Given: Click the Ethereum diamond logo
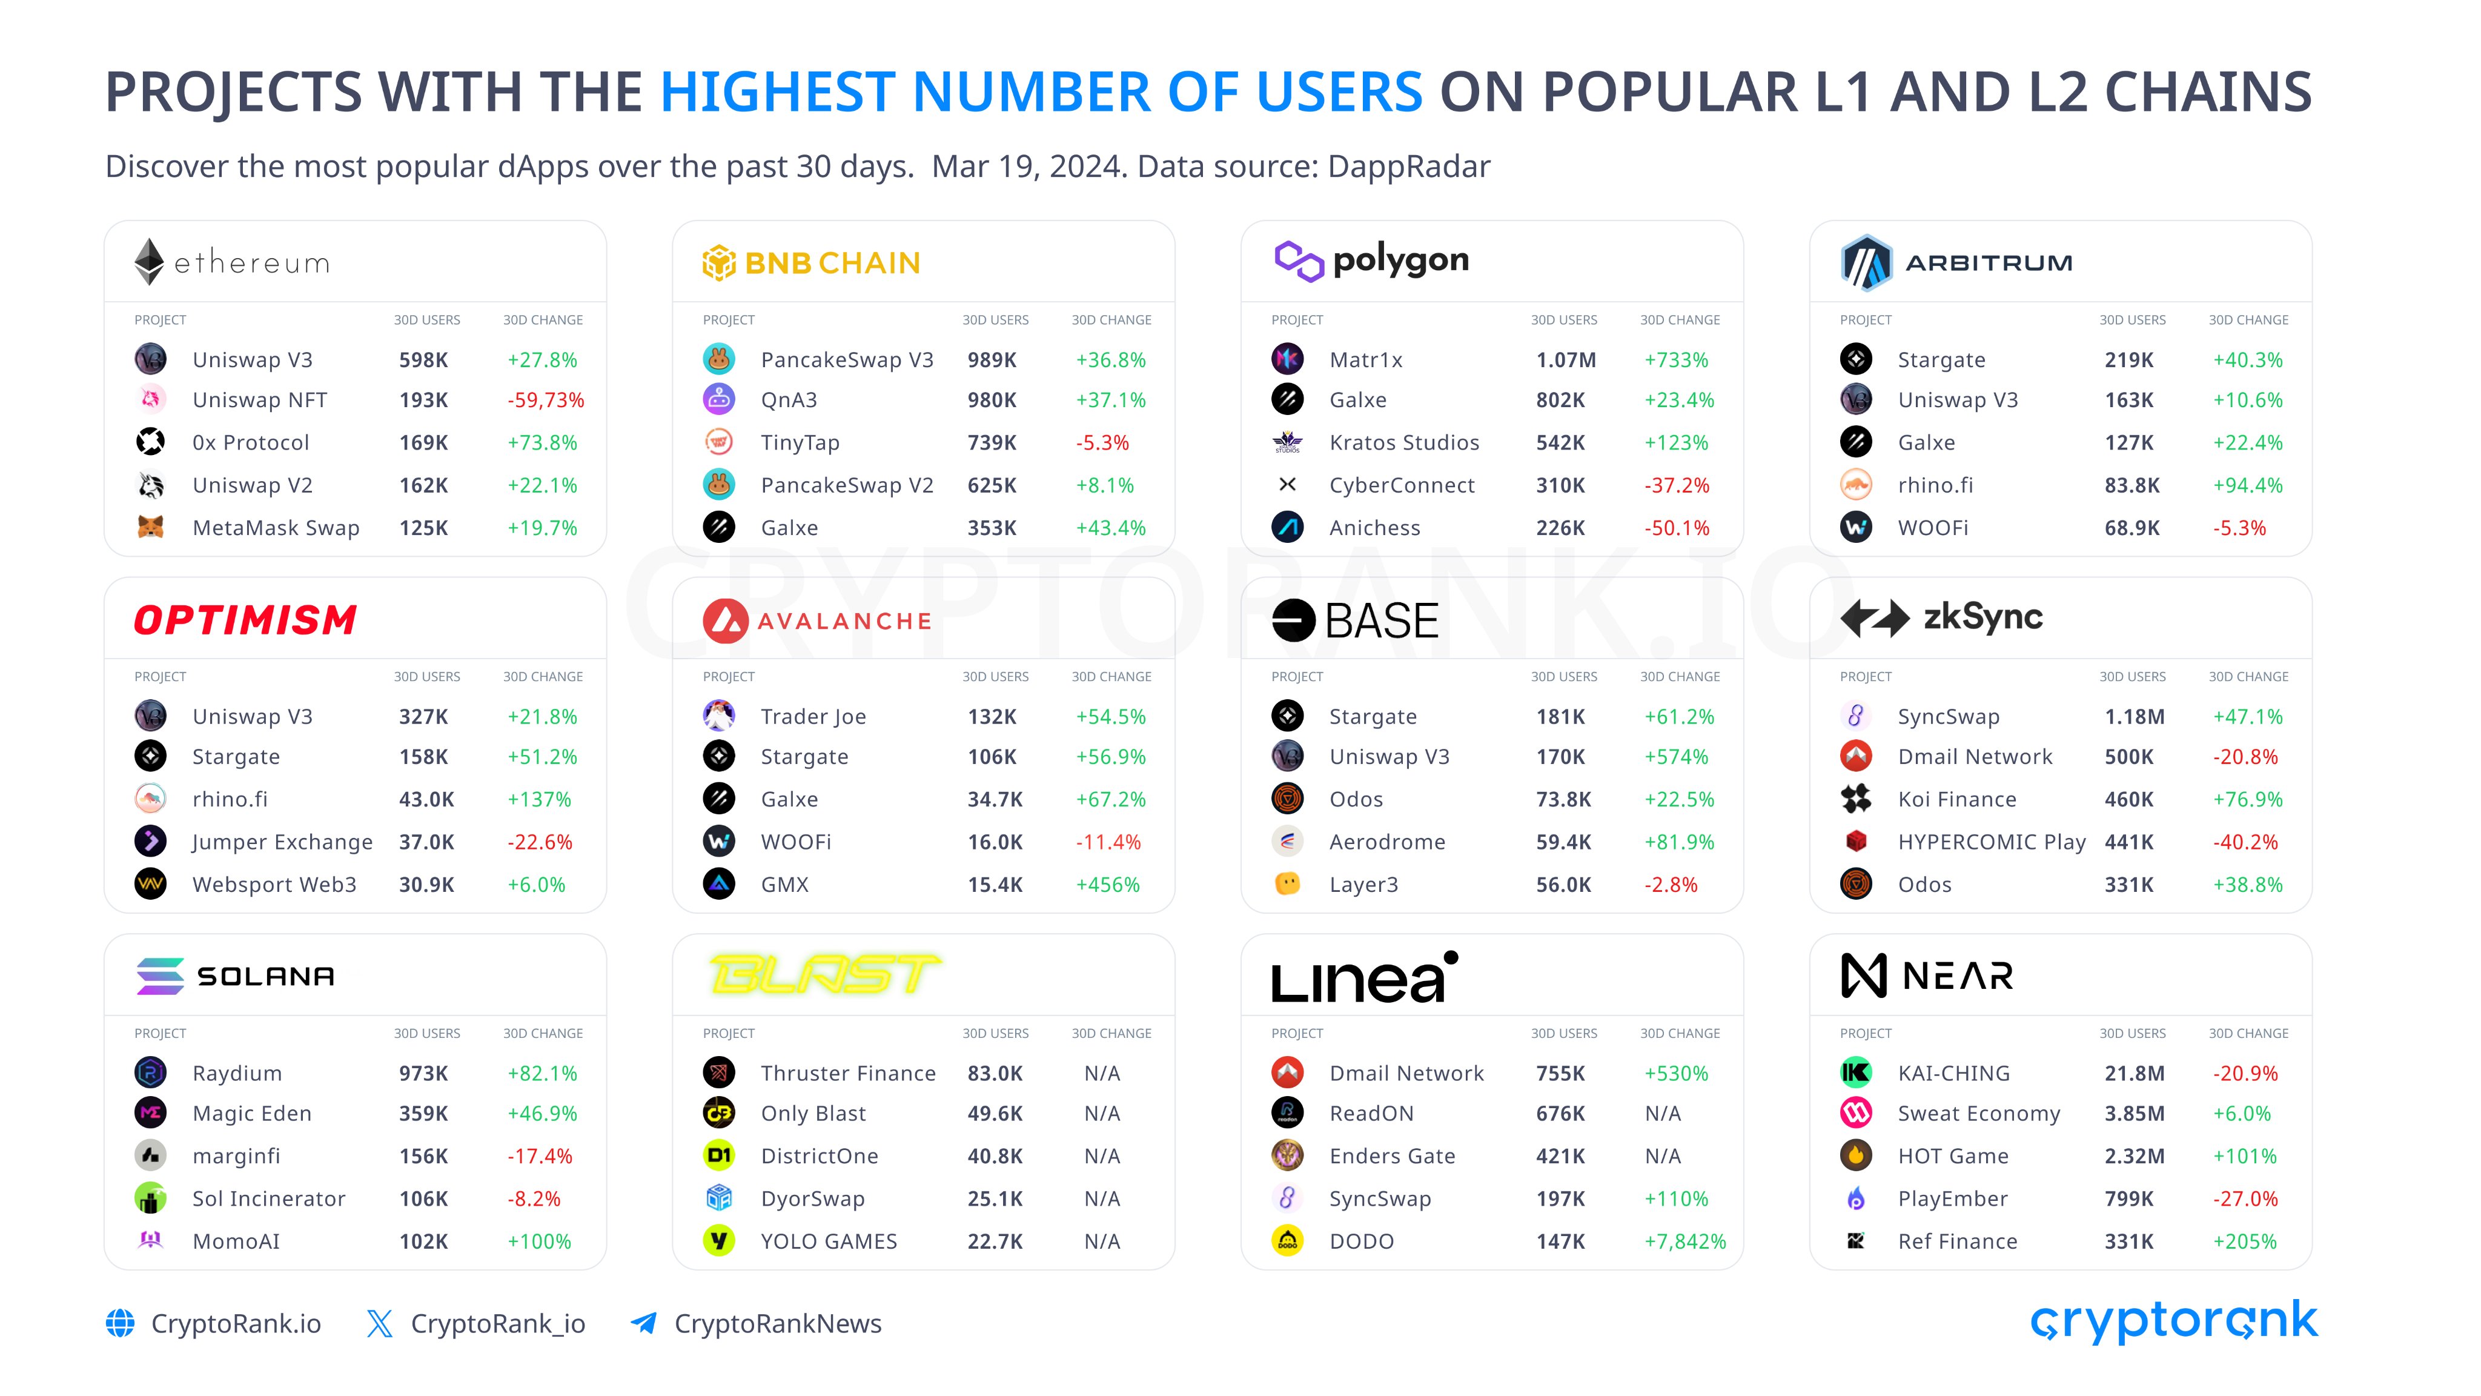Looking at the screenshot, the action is pyautogui.click(x=149, y=261).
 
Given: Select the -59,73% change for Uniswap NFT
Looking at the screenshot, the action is pyautogui.click(x=545, y=401).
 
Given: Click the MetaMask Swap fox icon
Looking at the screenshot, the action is pyautogui.click(x=150, y=527).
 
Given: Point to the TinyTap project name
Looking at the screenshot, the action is pyautogui.click(x=800, y=443).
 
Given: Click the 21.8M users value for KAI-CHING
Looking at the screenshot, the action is pyautogui.click(x=2135, y=1073).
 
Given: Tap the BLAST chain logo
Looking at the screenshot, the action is pyautogui.click(x=824, y=974).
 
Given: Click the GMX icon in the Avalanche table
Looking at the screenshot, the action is pyautogui.click(x=718, y=883).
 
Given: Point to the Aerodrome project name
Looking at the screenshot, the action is pyautogui.click(x=1387, y=842).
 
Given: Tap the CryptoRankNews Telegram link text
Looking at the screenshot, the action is pyautogui.click(x=777, y=1324).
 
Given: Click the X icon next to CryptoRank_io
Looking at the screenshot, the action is pyautogui.click(x=379, y=1324).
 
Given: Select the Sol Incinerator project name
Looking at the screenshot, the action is pyautogui.click(x=269, y=1198).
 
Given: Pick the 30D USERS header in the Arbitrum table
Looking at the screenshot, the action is pyautogui.click(x=2132, y=320).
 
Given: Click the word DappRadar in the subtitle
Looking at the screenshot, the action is pyautogui.click(x=1408, y=167).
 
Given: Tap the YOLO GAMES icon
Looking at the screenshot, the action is pyautogui.click(x=718, y=1241).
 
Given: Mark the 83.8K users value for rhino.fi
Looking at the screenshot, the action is pyautogui.click(x=2132, y=485).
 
